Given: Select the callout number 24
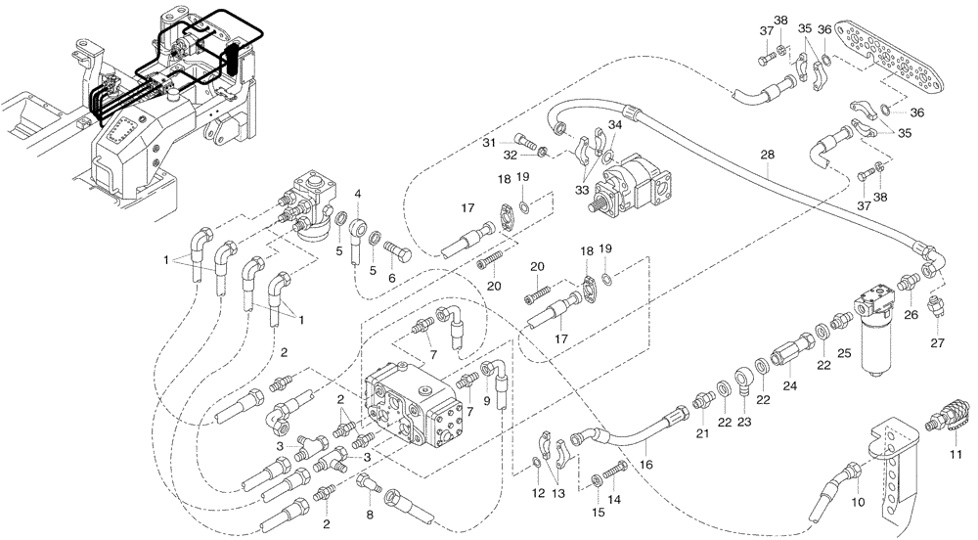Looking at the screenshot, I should pos(790,385).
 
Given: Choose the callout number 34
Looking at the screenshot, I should pos(613,125).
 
